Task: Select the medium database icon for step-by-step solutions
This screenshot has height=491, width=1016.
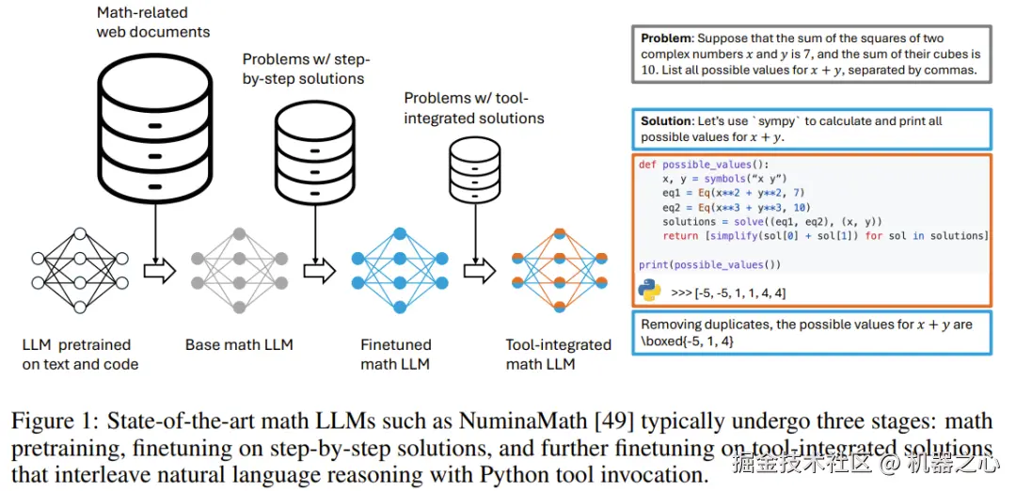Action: pyautogui.click(x=316, y=149)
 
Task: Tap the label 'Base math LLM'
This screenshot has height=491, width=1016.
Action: pyautogui.click(x=239, y=345)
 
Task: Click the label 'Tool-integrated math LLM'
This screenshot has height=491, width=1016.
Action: pyautogui.click(x=558, y=355)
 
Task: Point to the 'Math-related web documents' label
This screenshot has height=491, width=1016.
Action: pyautogui.click(x=153, y=23)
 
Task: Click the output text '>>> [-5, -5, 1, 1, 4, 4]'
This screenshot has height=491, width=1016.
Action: pyautogui.click(x=728, y=293)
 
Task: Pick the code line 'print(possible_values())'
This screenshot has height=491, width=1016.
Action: pyautogui.click(x=709, y=264)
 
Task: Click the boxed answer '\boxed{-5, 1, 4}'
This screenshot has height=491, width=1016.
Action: pyautogui.click(x=689, y=341)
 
